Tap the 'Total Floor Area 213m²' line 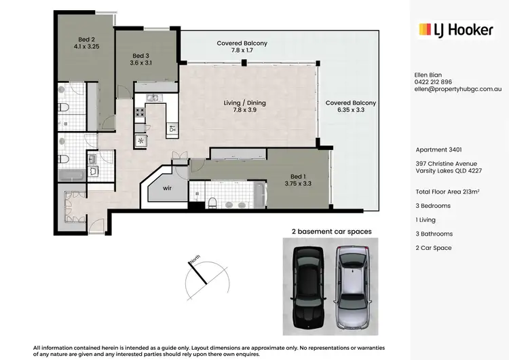pyautogui.click(x=451, y=192)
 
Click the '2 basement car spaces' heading pyautogui.click(x=331, y=232)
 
